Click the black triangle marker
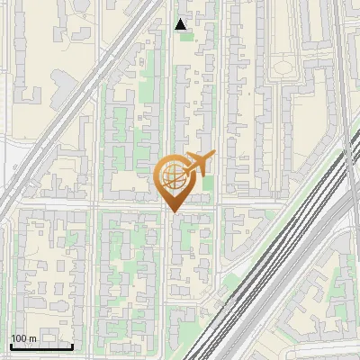(182, 24)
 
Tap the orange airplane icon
(196, 164)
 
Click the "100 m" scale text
(23, 338)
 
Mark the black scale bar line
(41, 346)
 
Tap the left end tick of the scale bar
(11, 345)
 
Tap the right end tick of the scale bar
(73, 345)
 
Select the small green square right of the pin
(208, 184)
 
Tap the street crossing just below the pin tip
(171, 209)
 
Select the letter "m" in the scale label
(32, 338)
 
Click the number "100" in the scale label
(19, 338)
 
